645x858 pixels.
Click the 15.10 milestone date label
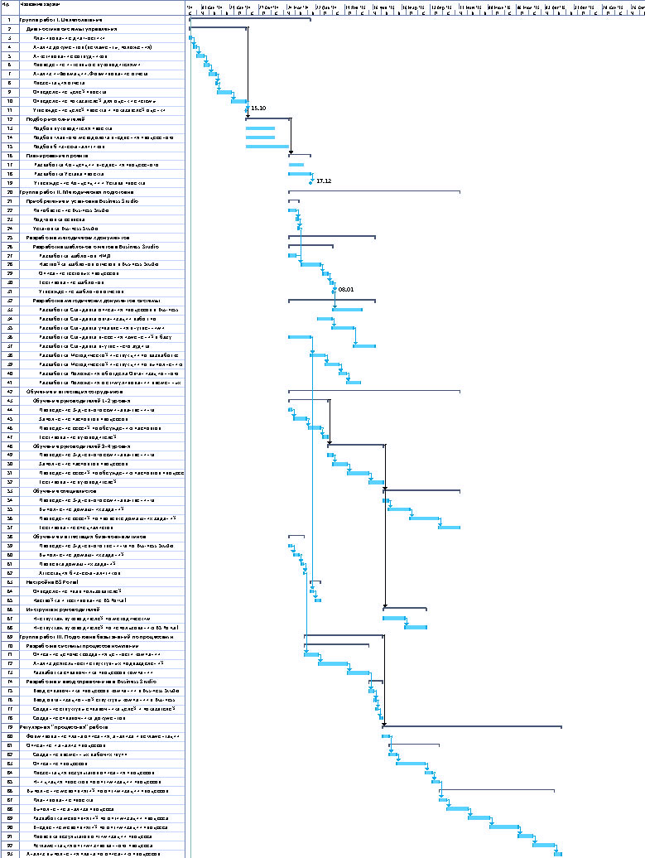coord(258,108)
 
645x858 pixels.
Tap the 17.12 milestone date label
coord(324,181)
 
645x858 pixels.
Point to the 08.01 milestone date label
coord(346,289)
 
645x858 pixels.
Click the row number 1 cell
coord(8,18)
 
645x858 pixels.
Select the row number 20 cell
coord(8,191)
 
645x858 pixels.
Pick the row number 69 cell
coord(8,636)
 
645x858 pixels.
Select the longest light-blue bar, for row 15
coord(267,147)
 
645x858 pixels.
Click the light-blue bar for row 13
coord(260,128)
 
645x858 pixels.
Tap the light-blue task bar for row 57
coord(449,527)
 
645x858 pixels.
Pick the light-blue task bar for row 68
coord(415,627)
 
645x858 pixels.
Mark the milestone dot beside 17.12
coord(310,181)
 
